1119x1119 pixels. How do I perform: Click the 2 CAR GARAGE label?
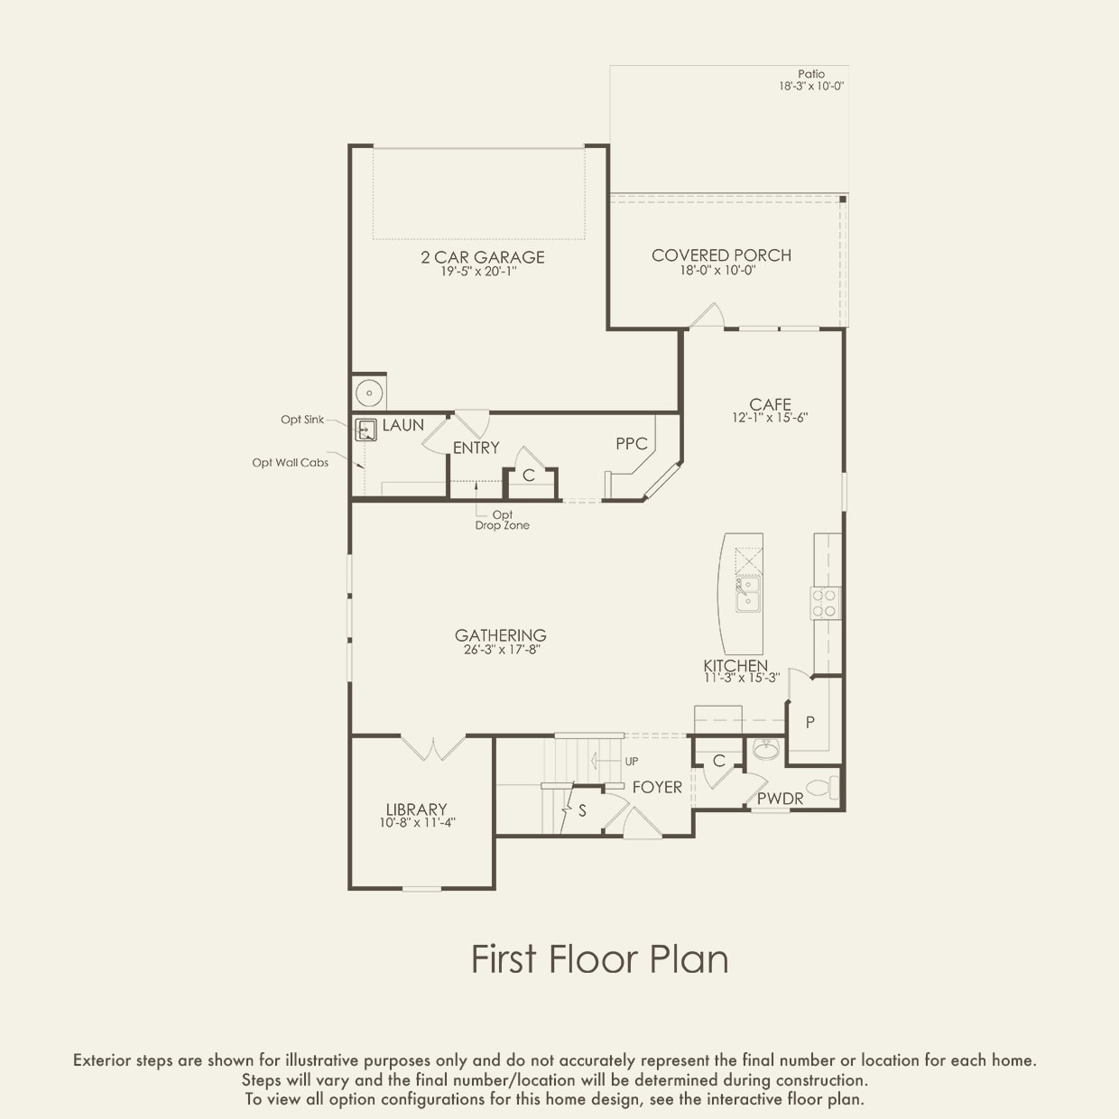[483, 257]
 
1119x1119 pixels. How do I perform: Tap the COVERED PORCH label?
[721, 255]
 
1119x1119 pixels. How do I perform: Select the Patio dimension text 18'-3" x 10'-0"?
[811, 87]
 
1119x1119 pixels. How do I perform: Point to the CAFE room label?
[770, 404]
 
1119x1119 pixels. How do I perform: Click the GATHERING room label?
[501, 635]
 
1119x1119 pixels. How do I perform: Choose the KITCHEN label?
[735, 665]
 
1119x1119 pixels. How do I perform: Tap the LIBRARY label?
[417, 809]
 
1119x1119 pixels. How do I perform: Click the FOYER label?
[657, 788]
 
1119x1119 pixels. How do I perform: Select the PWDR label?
[781, 799]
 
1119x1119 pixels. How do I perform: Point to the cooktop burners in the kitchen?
[826, 603]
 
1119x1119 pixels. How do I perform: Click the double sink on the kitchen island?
[748, 594]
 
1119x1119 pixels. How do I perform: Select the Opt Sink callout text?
[302, 420]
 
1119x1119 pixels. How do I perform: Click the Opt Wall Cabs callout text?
[291, 463]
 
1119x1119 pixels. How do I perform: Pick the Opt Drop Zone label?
[503, 521]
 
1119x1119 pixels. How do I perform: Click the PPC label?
[632, 444]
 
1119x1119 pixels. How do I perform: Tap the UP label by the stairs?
[632, 762]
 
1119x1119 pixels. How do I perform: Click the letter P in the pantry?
[810, 722]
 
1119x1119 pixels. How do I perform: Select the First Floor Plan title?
[600, 958]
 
